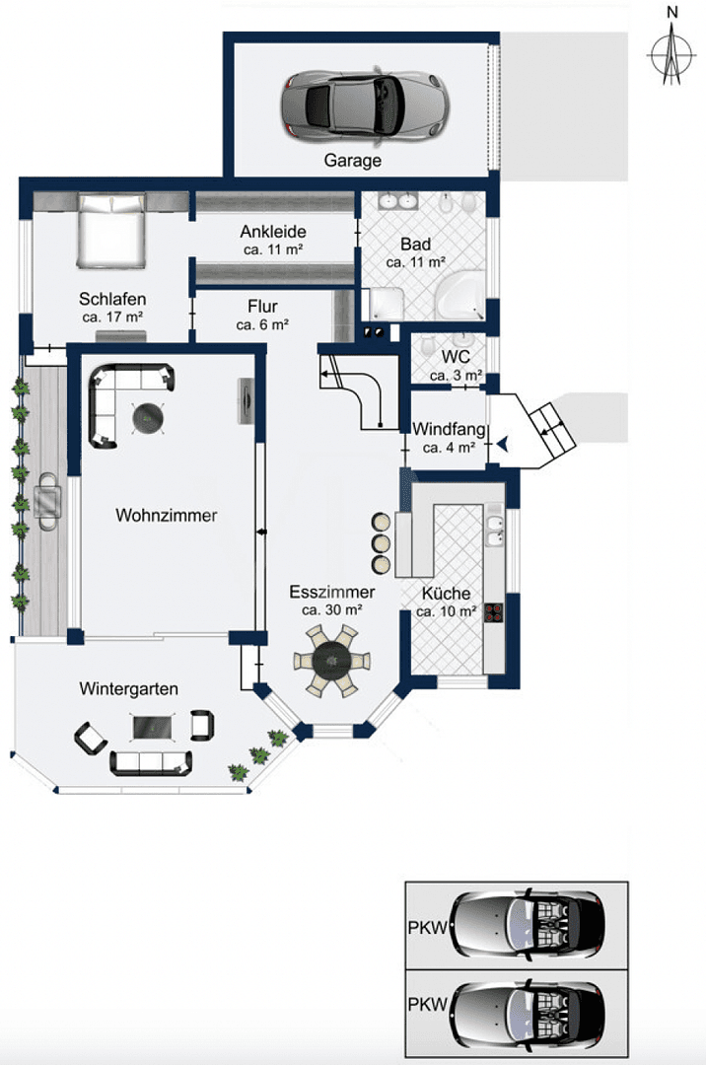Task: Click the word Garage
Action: (352, 160)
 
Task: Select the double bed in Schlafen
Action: (111, 232)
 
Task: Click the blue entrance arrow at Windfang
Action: (503, 445)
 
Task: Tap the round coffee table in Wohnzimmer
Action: (149, 418)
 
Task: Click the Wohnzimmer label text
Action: (166, 515)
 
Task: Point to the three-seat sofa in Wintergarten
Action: (151, 760)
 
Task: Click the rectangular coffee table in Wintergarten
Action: (155, 727)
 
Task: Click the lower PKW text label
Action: (427, 1006)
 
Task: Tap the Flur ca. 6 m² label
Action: (262, 315)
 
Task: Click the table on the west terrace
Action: (47, 501)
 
